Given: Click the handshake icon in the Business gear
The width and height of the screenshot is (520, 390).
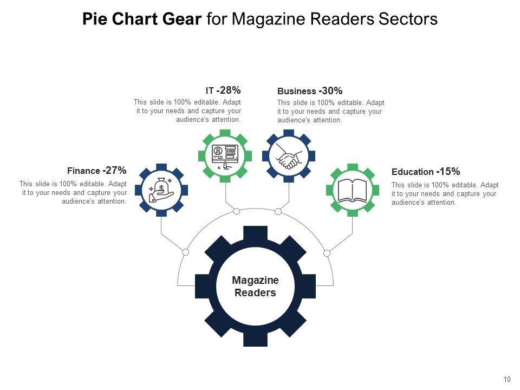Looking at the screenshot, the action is click(289, 156).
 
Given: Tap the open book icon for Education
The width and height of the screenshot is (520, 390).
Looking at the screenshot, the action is click(352, 190).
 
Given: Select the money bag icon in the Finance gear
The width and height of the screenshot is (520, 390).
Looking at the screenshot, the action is click(161, 190).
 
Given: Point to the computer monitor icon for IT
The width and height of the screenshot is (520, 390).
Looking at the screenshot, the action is click(225, 156).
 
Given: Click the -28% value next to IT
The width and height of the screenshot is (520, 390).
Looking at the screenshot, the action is click(228, 90).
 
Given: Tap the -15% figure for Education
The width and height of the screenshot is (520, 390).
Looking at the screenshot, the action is click(448, 172).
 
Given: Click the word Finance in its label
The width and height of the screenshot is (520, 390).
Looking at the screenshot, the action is click(83, 171).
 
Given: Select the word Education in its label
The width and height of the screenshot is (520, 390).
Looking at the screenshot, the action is click(412, 172).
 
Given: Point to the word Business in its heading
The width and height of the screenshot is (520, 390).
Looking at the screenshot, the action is click(296, 91).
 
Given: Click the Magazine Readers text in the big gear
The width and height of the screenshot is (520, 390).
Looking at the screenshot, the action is click(255, 287).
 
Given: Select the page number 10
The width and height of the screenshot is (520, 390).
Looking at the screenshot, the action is click(507, 379).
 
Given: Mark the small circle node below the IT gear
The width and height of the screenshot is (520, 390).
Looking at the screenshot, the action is click(237, 211).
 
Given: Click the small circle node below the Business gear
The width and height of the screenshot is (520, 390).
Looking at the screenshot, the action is click(278, 211).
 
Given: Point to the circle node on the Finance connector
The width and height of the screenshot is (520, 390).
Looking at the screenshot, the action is click(185, 252).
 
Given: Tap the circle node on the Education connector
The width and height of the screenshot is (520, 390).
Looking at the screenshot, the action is click(327, 252).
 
